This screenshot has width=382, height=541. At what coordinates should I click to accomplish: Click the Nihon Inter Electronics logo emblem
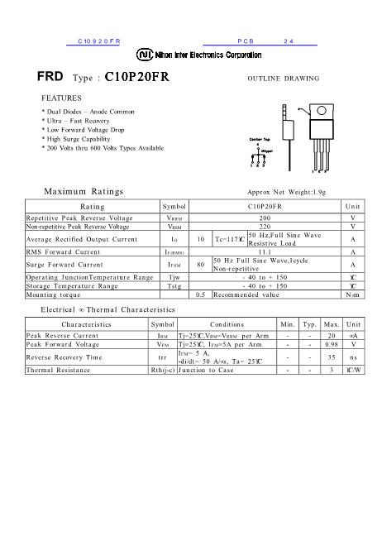(x=144, y=54)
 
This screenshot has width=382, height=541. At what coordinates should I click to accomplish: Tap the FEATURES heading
(x=60, y=98)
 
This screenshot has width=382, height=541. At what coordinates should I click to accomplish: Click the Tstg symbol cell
(x=174, y=285)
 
